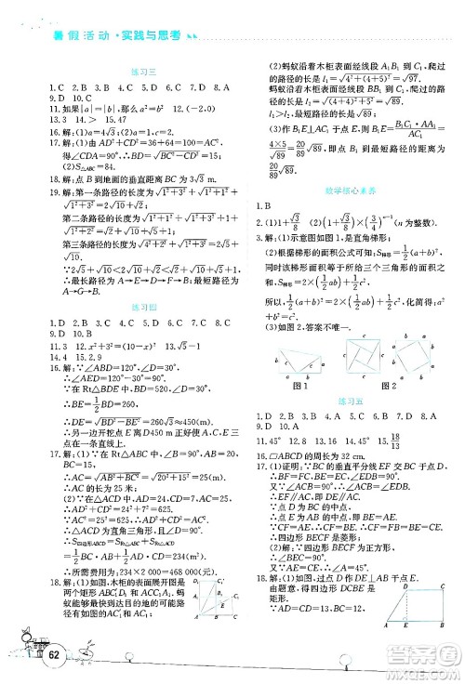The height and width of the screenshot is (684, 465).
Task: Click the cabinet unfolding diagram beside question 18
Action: (x=216, y=629)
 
